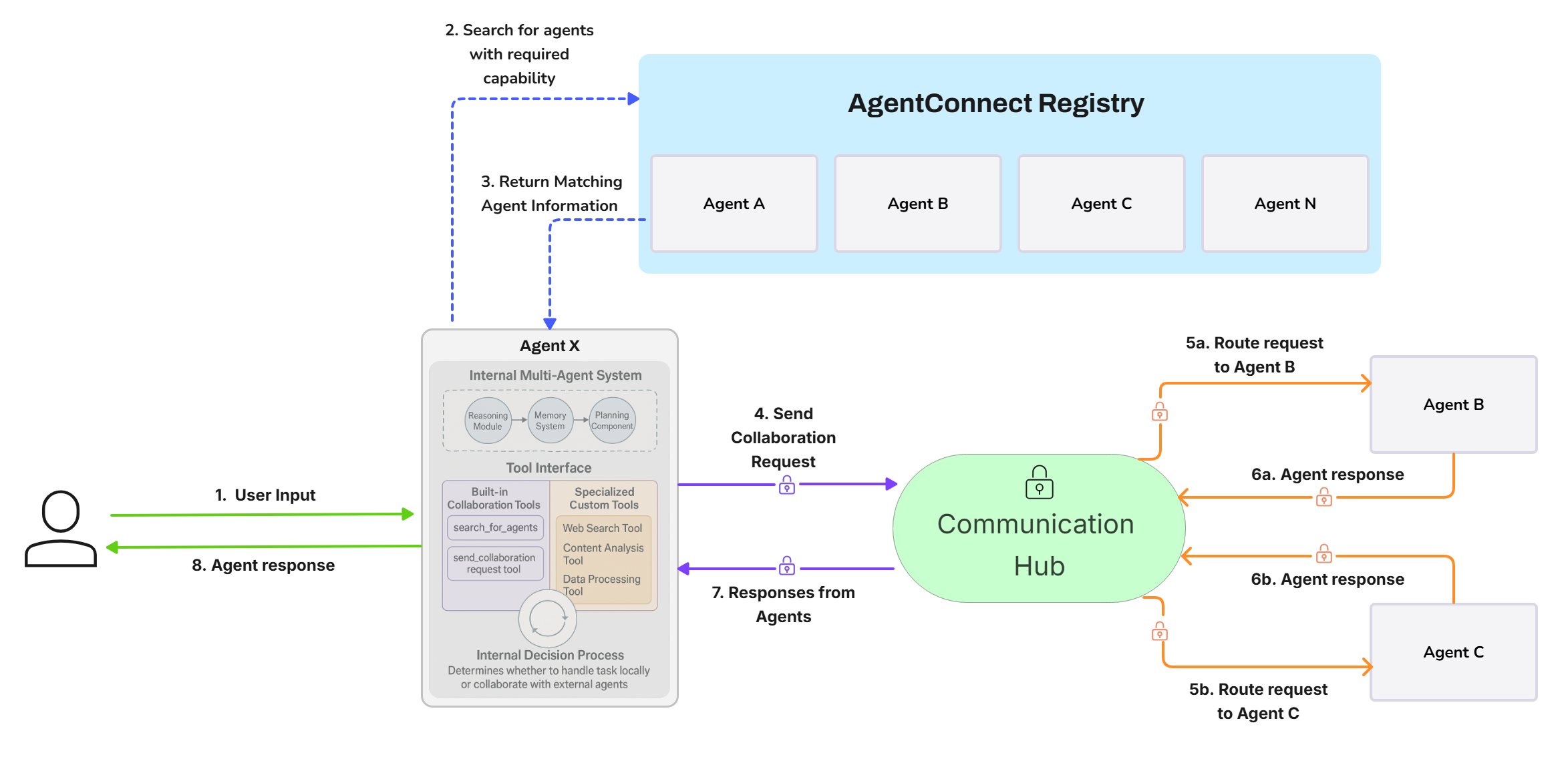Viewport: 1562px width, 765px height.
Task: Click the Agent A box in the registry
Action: pyautogui.click(x=734, y=204)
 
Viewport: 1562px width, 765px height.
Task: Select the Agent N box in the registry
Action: pyautogui.click(x=1284, y=204)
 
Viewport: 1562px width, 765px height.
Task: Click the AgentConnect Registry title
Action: pyautogui.click(x=995, y=103)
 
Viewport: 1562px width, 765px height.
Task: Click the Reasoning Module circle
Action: pyautogui.click(x=488, y=421)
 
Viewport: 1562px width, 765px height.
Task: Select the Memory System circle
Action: pyautogui.click(x=550, y=421)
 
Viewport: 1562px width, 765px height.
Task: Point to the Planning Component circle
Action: pyautogui.click(x=612, y=421)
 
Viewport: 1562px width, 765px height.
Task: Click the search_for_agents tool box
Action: pyautogui.click(x=495, y=527)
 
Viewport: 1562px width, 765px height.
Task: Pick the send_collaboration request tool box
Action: pyautogui.click(x=494, y=563)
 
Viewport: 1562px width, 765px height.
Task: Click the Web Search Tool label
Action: pyautogui.click(x=602, y=528)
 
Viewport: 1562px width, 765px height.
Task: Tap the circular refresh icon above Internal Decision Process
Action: pyautogui.click(x=548, y=618)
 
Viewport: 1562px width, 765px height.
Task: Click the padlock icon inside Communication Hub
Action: pyautogui.click(x=1039, y=483)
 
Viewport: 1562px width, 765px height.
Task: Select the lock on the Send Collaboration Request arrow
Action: pyautogui.click(x=787, y=485)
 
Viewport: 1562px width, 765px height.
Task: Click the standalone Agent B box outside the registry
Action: pyautogui.click(x=1453, y=405)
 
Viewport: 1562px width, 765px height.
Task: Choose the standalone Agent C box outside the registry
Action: pyautogui.click(x=1453, y=652)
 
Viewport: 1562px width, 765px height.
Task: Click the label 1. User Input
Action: pyautogui.click(x=265, y=495)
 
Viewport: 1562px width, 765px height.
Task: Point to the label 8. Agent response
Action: pyautogui.click(x=263, y=565)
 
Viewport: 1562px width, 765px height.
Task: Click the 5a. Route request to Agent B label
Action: pyautogui.click(x=1254, y=354)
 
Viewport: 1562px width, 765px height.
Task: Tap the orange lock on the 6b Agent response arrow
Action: pyautogui.click(x=1323, y=553)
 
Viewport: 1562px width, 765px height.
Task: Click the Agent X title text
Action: pyautogui.click(x=549, y=346)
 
